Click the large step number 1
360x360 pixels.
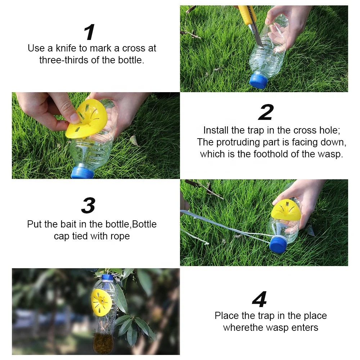point(89,32)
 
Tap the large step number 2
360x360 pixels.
point(266,112)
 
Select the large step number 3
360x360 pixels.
point(88,206)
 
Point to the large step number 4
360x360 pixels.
point(260,300)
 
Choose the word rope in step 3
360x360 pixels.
point(120,237)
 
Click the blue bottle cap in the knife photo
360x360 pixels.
point(258,81)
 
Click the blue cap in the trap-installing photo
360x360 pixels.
point(82,173)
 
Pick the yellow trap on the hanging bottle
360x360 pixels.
point(101,301)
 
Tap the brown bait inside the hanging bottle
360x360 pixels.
point(103,344)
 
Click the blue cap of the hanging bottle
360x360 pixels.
point(107,278)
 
